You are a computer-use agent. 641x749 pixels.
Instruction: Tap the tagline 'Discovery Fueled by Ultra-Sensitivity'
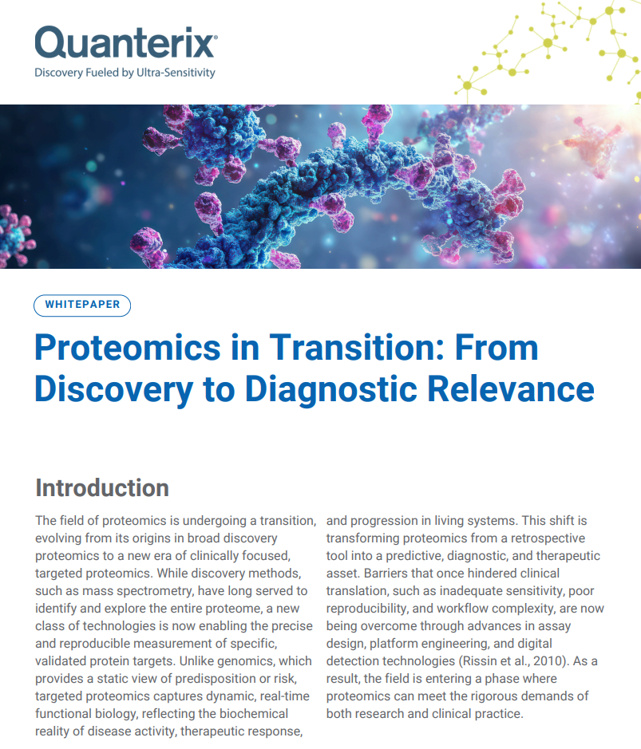click(125, 73)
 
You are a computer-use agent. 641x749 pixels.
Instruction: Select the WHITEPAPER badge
click(82, 305)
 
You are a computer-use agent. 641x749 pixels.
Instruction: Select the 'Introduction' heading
click(102, 487)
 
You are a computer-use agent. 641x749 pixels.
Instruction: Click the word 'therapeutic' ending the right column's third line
click(566, 556)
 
